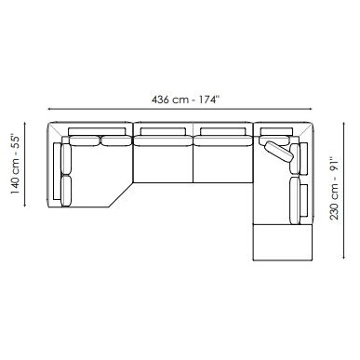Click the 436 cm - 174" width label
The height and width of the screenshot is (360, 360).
tap(186, 100)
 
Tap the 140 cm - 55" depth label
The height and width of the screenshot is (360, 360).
tap(15, 165)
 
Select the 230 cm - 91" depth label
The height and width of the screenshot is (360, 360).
tap(334, 189)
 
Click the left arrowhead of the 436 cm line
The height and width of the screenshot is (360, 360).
tap(49, 109)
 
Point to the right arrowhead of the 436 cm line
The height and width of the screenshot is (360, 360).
tap(310, 109)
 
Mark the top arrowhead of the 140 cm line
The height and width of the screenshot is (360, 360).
tap(25, 124)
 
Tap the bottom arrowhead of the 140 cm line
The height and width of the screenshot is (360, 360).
tap(25, 205)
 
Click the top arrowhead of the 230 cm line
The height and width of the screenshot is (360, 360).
tap(344, 125)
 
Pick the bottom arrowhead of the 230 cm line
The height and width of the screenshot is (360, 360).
tap(344, 257)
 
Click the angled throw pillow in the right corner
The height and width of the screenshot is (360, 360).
tap(279, 152)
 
